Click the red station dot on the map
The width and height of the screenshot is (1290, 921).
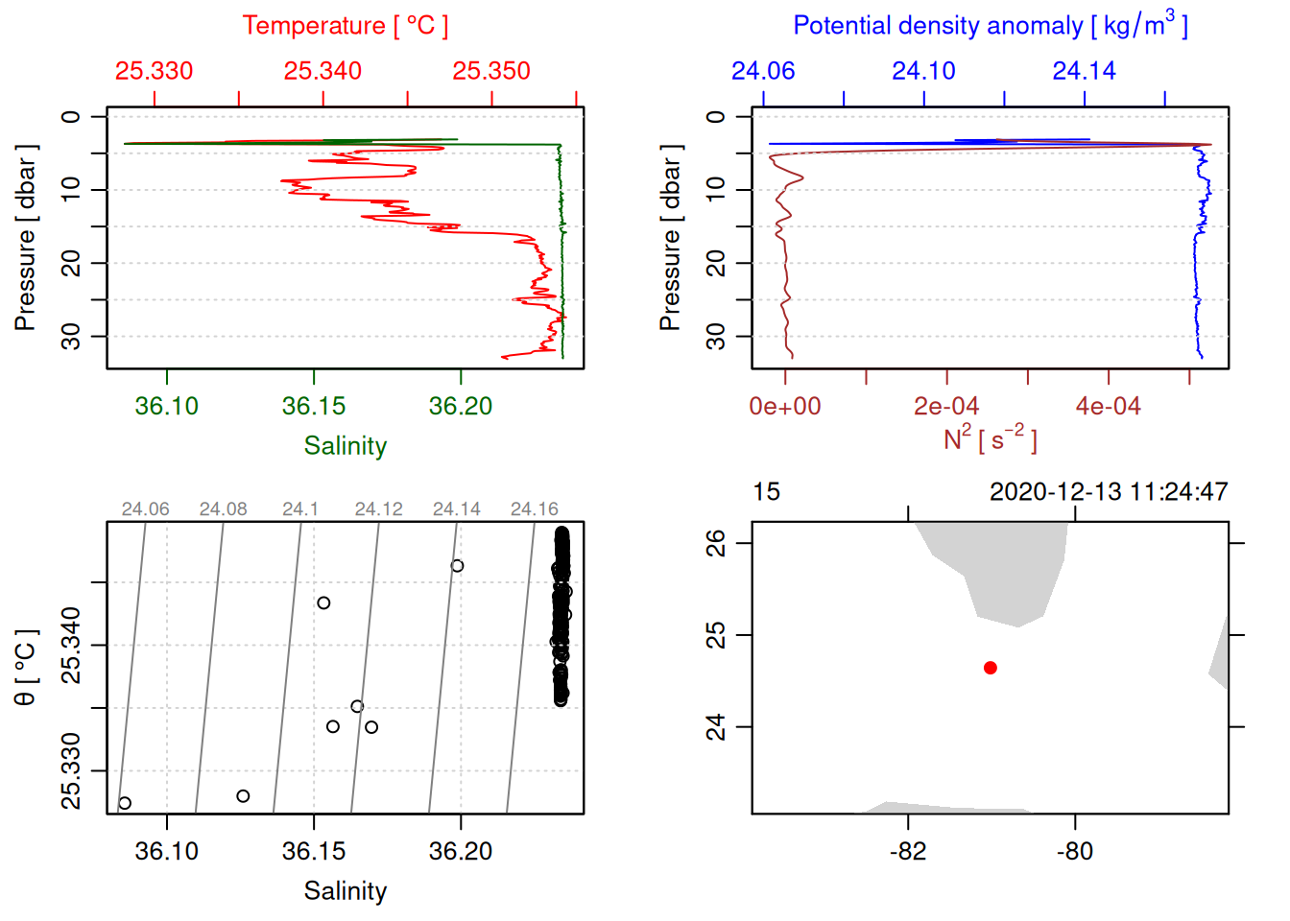[990, 668]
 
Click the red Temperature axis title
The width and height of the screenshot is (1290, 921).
[345, 26]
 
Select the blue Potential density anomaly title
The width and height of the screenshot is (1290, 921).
[990, 26]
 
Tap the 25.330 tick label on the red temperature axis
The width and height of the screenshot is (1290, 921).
[154, 71]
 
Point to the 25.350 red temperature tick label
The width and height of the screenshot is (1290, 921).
[491, 71]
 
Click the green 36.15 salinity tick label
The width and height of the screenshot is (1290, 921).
[314, 406]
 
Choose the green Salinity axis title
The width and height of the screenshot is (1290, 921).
[345, 446]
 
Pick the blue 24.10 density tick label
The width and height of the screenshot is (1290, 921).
[923, 71]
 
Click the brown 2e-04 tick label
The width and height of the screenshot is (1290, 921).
[946, 406]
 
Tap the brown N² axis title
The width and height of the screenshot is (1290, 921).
[990, 439]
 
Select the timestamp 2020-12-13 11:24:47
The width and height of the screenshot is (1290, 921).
[1109, 492]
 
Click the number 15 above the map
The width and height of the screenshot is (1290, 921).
[766, 492]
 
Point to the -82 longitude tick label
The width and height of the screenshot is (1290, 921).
[908, 851]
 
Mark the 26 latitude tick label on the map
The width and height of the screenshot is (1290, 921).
[716, 543]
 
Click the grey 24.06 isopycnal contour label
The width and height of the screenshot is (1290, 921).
[145, 509]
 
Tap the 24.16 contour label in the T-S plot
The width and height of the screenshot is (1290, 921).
[534, 509]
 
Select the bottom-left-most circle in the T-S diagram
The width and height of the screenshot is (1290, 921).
[125, 803]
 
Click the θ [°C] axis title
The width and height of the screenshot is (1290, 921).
[26, 668]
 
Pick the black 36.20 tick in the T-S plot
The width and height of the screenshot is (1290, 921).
[461, 851]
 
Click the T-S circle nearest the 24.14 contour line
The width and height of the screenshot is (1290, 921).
[458, 566]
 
